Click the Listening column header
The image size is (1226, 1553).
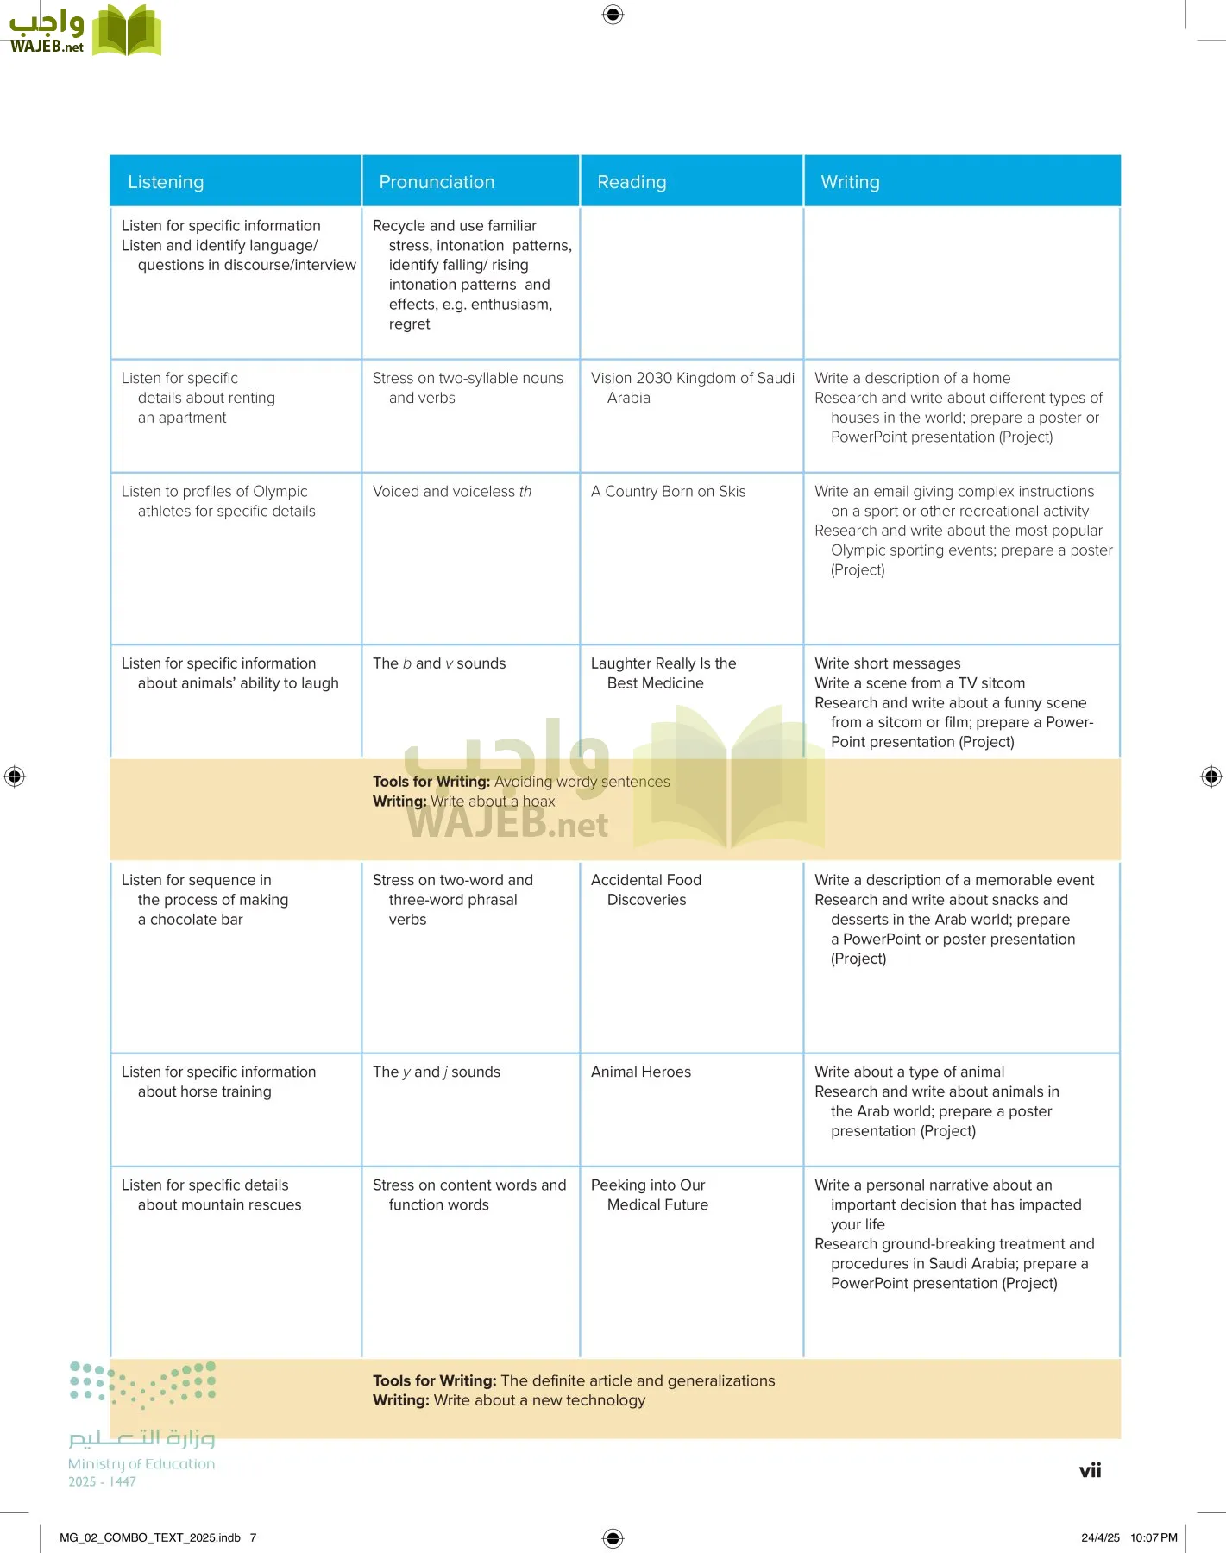click(166, 182)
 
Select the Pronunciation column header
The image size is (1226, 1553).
click(437, 182)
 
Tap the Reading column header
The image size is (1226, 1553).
click(632, 182)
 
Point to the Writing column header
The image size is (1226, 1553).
click(850, 182)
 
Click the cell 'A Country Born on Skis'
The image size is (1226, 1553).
click(668, 492)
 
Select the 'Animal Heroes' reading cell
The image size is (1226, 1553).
click(641, 1072)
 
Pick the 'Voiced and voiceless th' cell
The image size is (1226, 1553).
click(452, 492)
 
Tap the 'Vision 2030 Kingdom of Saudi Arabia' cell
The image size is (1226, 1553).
click(692, 388)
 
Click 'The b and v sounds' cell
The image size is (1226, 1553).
click(439, 663)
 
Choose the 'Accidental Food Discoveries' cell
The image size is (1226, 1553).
click(646, 890)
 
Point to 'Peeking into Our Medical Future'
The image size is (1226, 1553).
click(650, 1195)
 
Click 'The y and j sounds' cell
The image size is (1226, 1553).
click(437, 1072)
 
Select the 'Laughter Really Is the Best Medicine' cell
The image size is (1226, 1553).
click(663, 673)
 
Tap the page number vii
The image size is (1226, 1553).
click(1090, 1471)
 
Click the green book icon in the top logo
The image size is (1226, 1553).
click(127, 31)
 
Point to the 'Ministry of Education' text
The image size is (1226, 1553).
click(141, 1463)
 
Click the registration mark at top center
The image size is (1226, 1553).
click(613, 15)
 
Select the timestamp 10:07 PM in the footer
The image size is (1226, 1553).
click(1154, 1537)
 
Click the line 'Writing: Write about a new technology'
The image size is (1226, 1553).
click(509, 1400)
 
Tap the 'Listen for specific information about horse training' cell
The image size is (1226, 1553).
click(218, 1082)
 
